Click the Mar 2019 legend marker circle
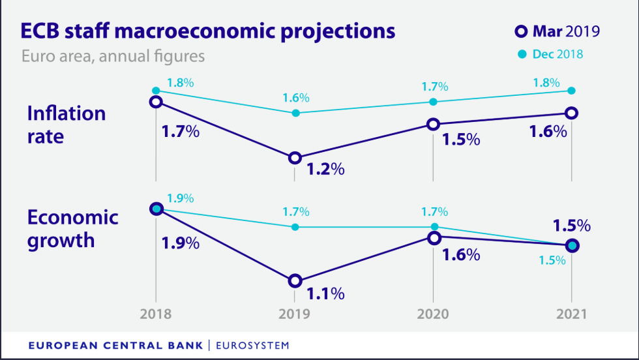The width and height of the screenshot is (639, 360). click(x=520, y=31)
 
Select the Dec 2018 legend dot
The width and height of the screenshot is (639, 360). click(x=522, y=54)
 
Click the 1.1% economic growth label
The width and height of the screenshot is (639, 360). click(x=326, y=293)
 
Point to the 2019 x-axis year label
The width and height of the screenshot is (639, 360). click(x=295, y=314)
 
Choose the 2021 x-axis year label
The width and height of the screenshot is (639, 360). click(x=572, y=314)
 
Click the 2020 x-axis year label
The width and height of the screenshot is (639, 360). click(x=433, y=314)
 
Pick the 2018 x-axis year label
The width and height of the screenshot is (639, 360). click(x=156, y=314)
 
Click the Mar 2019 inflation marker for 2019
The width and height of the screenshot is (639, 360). click(x=295, y=158)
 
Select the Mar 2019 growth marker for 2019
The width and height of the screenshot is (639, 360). click(x=295, y=281)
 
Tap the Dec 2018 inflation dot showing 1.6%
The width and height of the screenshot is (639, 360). click(x=295, y=113)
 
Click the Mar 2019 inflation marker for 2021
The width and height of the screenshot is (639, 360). click(x=572, y=113)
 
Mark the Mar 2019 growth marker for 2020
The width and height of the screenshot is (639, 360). click(x=433, y=237)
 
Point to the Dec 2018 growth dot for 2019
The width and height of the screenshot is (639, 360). click(x=295, y=227)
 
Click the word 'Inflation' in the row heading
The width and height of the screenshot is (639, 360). click(x=66, y=113)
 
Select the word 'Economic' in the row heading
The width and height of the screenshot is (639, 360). click(x=72, y=217)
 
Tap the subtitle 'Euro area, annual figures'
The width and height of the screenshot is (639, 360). click(x=113, y=56)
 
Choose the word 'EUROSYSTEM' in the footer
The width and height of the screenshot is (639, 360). click(x=252, y=344)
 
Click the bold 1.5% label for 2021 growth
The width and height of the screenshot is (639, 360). click(x=571, y=226)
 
